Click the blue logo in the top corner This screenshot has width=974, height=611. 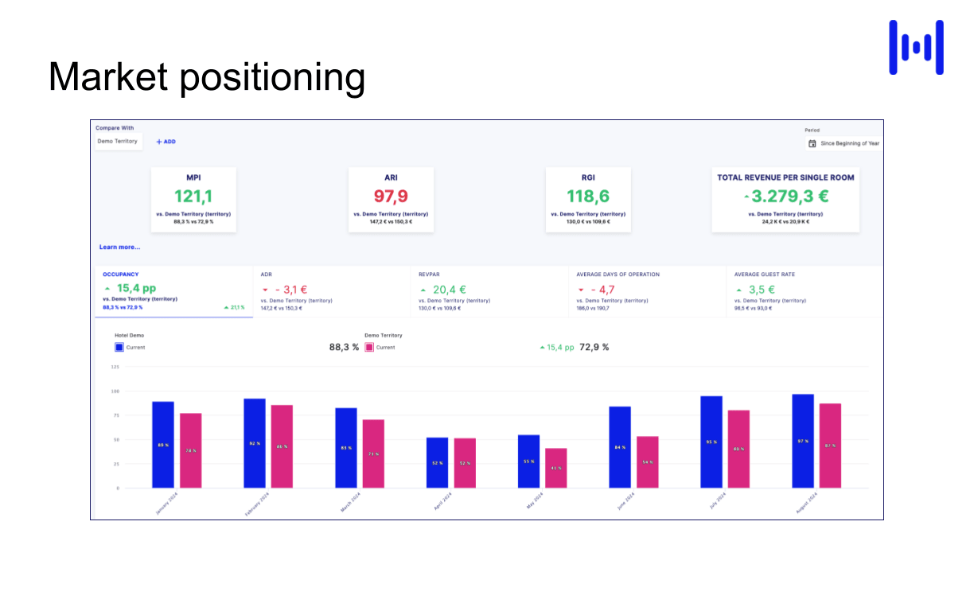916,48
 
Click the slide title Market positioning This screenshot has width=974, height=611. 207,78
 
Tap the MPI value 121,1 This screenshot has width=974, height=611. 193,196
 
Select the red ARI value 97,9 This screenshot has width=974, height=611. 391,196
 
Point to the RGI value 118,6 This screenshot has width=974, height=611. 588,196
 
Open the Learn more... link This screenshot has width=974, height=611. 119,247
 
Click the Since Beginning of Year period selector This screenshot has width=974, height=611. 844,144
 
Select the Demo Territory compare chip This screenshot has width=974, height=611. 118,142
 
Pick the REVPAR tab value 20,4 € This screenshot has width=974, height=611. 449,290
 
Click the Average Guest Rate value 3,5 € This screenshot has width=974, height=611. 761,290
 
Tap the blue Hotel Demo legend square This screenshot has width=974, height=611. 119,347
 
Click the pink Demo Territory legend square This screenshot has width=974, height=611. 369,347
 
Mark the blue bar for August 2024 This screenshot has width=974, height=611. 803,441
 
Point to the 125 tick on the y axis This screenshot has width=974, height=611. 115,367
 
